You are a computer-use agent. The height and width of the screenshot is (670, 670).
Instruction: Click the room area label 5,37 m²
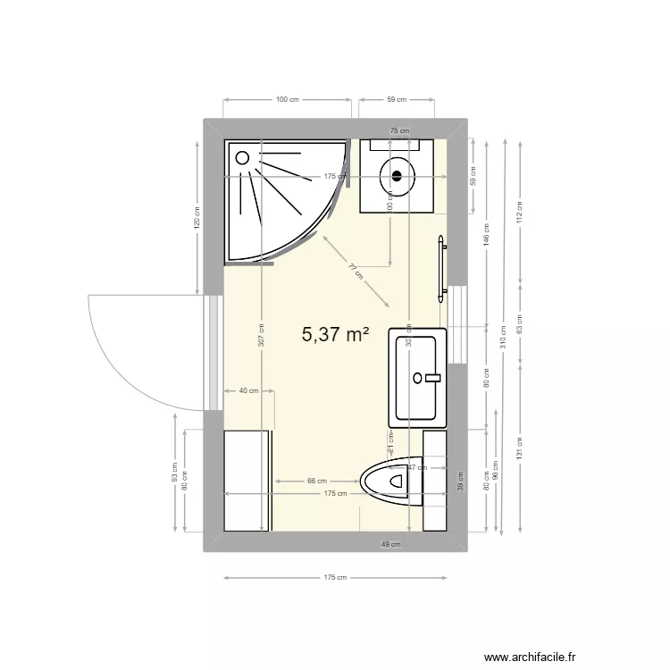coord(336,335)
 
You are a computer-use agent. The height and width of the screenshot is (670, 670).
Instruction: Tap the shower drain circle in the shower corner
coord(241,156)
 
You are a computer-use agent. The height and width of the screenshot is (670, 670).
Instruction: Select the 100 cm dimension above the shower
coord(287,99)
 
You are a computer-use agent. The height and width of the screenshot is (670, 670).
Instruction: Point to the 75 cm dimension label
coord(399,130)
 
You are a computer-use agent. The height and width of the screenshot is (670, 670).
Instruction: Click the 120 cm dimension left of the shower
coord(197,217)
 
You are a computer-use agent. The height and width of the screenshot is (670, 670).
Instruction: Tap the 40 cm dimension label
coord(248,390)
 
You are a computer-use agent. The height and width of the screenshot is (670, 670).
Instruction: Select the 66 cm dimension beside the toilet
coord(317,481)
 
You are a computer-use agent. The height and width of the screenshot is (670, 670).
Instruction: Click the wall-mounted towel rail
coord(441,265)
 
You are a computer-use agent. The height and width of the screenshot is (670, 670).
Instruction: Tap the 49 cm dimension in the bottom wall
coord(390,543)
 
